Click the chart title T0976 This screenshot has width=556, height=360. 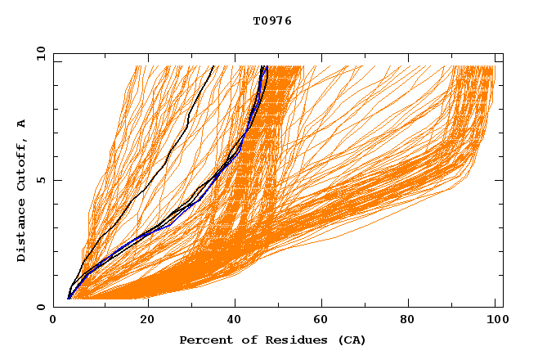click(x=272, y=20)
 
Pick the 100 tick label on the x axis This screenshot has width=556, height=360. click(x=495, y=320)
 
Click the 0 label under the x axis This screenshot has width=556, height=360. click(x=53, y=320)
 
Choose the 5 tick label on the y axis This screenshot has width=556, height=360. click(x=39, y=180)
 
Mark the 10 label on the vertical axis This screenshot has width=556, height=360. click(x=39, y=53)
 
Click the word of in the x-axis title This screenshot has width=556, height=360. click(x=244, y=340)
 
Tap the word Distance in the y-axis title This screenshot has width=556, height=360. click(x=21, y=232)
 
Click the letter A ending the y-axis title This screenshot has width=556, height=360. click(x=21, y=123)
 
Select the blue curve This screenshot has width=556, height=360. click(x=197, y=201)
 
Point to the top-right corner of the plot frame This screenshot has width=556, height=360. click(x=502, y=53)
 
